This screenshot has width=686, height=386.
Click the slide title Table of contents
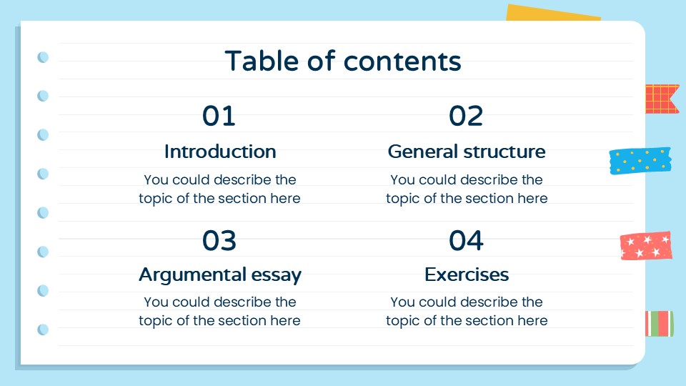343,61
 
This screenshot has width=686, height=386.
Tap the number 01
219,116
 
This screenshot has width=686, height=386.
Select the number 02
467,116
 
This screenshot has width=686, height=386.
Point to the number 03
219,242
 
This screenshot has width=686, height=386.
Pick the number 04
467,242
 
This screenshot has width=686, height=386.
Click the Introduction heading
220,152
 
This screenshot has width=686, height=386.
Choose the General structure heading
467,152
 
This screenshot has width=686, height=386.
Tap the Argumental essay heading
220,274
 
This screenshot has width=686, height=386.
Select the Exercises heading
467,274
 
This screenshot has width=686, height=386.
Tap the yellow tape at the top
552,14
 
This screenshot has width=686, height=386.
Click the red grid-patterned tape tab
662,99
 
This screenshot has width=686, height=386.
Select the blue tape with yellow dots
640,161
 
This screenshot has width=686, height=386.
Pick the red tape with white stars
646,246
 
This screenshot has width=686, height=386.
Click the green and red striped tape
660,324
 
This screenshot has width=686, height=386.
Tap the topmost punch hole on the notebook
43,57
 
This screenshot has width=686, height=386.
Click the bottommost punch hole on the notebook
43,330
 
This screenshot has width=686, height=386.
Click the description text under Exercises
467,311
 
